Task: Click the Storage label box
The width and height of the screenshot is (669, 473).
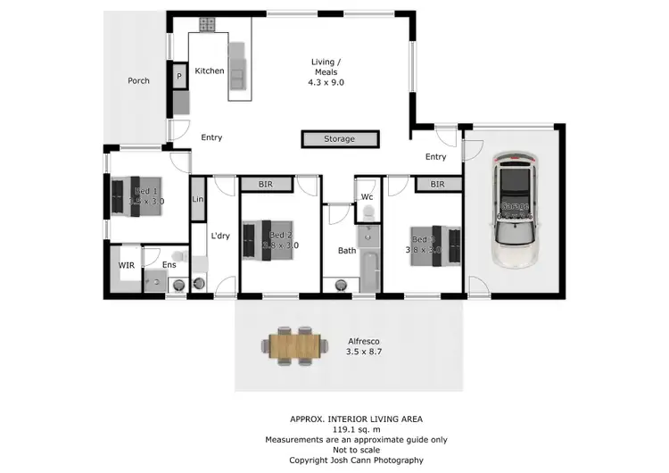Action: coord(340,139)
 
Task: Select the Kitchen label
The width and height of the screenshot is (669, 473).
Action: coord(210,71)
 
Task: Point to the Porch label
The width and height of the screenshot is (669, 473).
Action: coord(138,81)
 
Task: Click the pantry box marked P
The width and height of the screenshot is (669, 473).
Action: coord(179,78)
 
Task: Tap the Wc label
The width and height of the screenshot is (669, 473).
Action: coord(367,197)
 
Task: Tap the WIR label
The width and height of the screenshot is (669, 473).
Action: coord(126,265)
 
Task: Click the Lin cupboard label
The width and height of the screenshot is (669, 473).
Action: coord(198,200)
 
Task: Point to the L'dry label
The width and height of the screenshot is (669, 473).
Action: coord(220,236)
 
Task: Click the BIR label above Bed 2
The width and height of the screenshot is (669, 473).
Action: coord(266,185)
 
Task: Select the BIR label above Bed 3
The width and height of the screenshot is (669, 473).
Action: coord(437,185)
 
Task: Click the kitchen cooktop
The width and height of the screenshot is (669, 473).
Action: coord(207,24)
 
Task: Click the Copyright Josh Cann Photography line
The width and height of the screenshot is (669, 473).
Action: coord(356,461)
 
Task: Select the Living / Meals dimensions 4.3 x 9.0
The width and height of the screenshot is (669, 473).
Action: coord(326,82)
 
